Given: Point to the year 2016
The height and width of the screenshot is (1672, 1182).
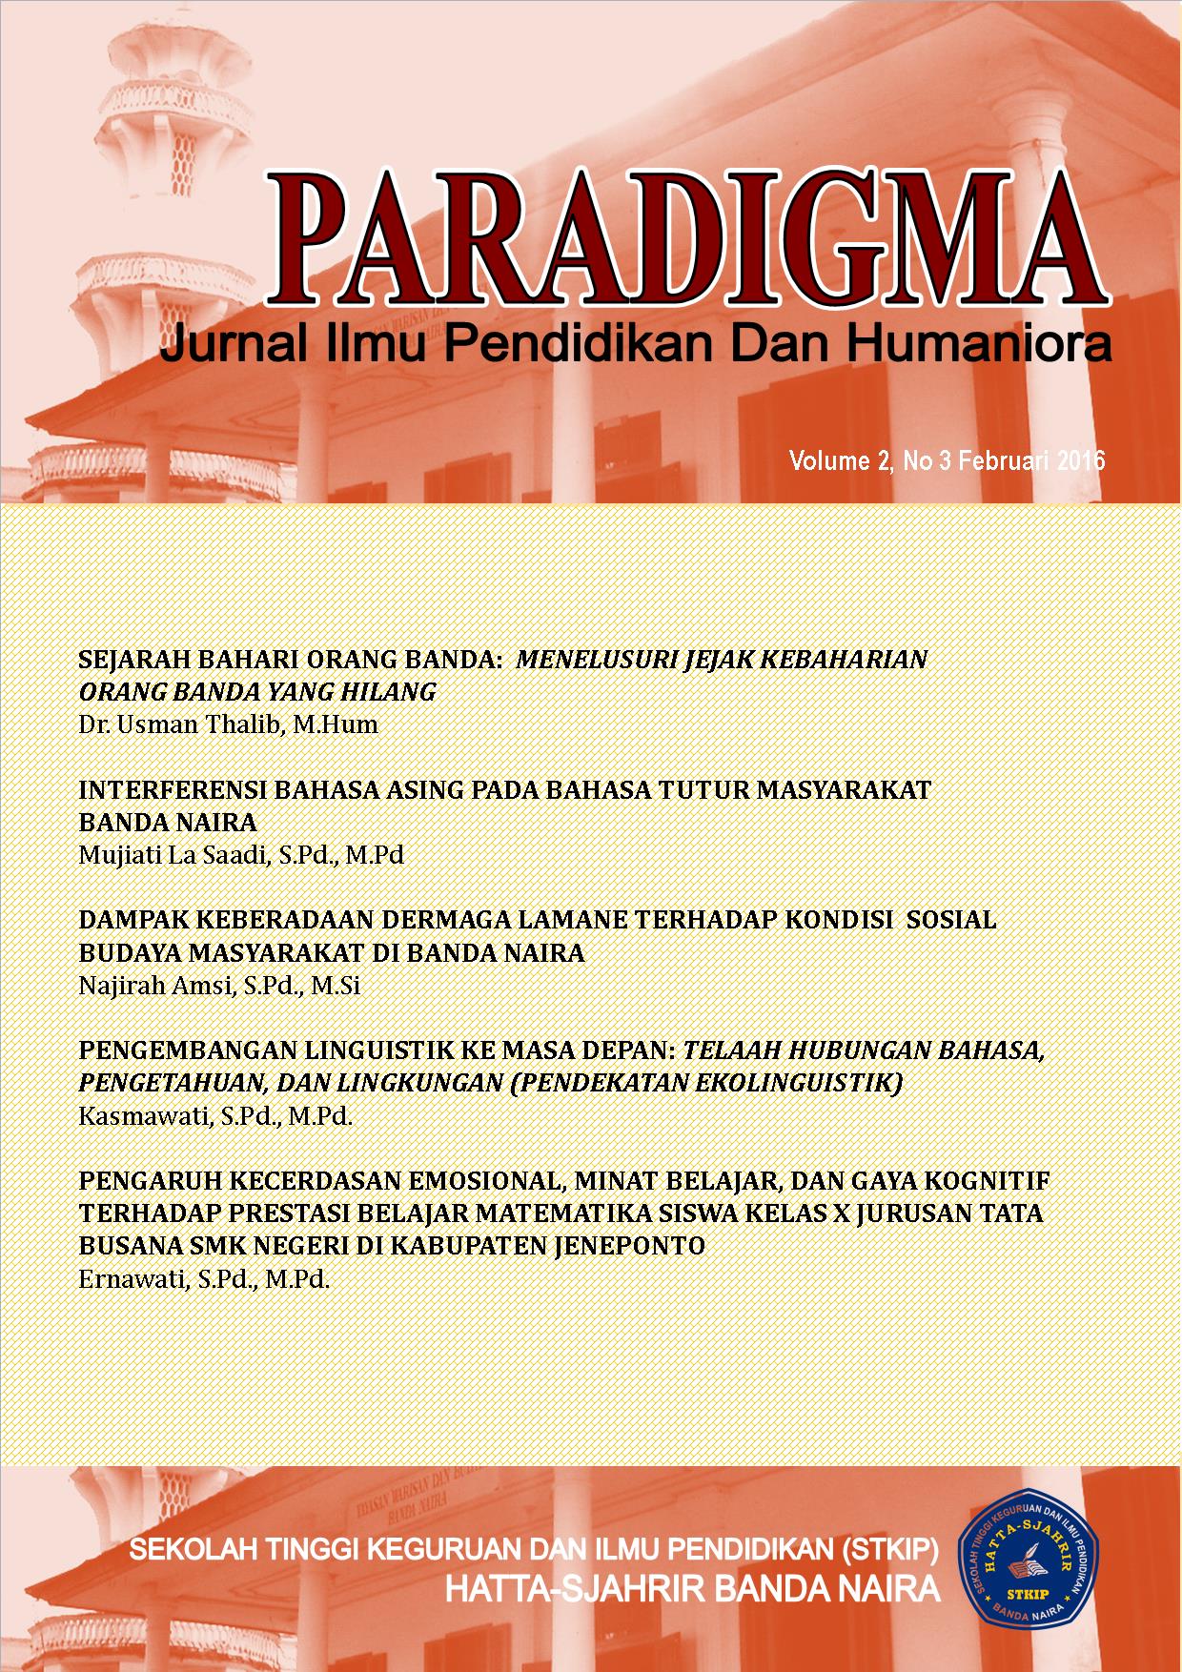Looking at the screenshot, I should point(1080,461).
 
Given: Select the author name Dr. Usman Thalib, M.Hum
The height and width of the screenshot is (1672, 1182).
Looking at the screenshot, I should point(228,724).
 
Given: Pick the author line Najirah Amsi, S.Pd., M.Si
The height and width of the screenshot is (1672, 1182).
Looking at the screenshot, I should point(218,986).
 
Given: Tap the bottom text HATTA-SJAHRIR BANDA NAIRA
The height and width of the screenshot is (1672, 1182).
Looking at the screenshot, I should point(693,1589).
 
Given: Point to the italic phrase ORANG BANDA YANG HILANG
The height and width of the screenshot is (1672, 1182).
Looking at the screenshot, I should point(256,692).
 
